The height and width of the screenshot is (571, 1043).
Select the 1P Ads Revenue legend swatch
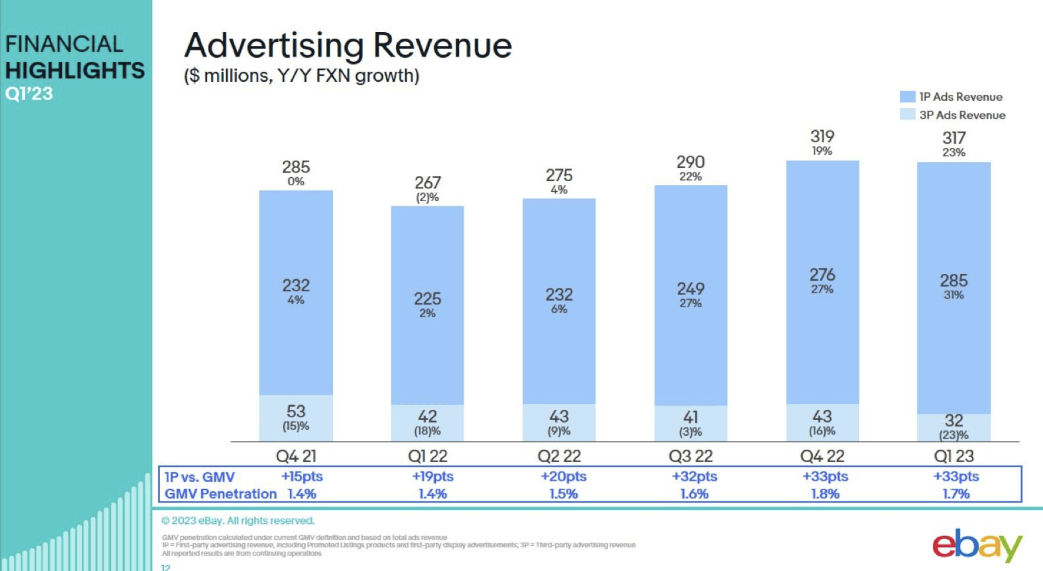pos(907,96)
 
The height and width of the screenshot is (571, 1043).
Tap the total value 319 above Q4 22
pos(822,136)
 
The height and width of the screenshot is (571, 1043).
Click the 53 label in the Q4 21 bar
pos(296,411)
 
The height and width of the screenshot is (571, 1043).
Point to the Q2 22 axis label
pos(559,456)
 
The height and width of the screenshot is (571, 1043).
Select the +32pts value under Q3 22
pos(694,476)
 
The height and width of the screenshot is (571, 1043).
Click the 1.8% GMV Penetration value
pos(825,494)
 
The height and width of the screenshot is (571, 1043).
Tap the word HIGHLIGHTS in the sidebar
pos(75,70)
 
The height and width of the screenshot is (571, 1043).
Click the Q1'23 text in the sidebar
pos(29,94)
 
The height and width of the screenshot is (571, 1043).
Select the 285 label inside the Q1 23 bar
pos(953,280)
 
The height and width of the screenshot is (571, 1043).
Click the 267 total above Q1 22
pos(427,183)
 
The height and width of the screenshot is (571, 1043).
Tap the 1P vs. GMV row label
pos(199,477)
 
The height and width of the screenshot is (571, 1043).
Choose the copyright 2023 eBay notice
pos(238,521)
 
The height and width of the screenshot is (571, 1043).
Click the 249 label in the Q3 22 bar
pos(690,289)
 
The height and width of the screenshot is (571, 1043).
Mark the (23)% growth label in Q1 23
pos(953,435)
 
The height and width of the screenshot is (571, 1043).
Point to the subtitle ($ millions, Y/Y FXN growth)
pos(301,76)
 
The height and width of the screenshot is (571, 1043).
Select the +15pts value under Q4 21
pos(302,476)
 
